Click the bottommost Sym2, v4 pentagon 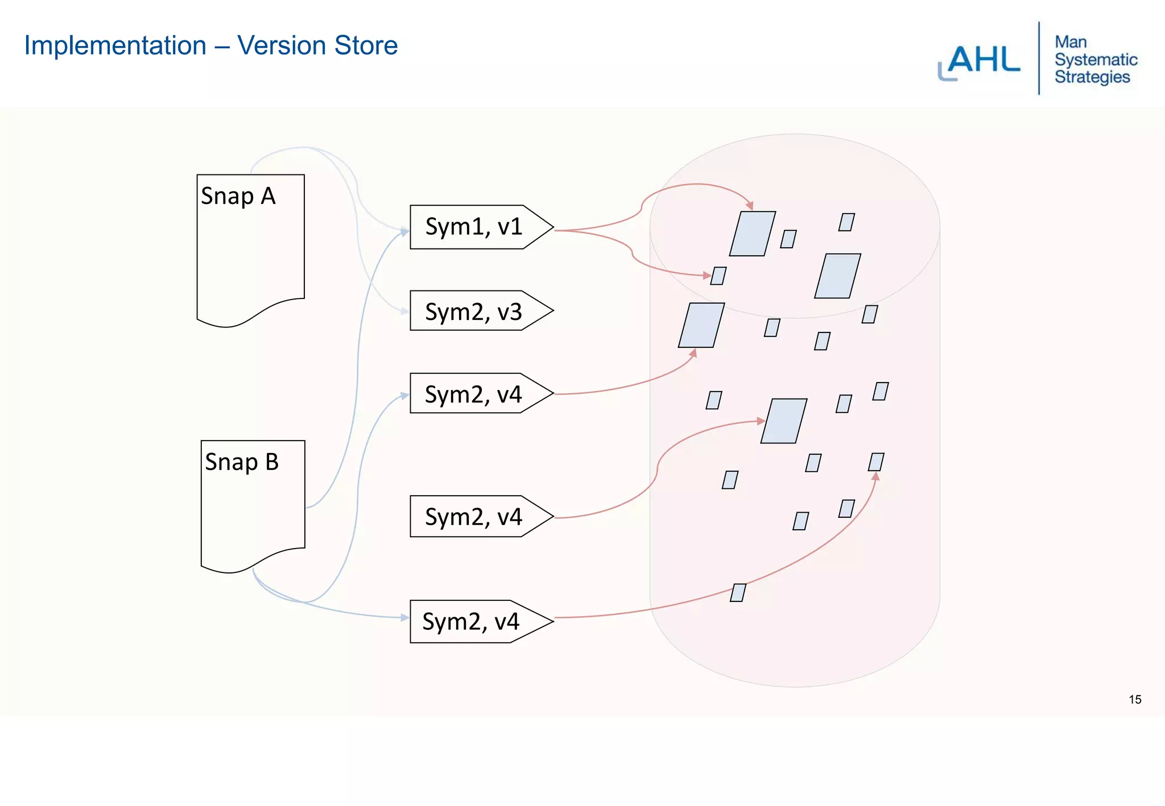[471, 621]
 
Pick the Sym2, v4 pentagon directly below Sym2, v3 [474, 393]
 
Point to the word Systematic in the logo [1096, 60]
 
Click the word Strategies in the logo [1092, 77]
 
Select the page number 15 [1135, 700]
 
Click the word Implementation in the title [115, 45]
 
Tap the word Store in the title [366, 45]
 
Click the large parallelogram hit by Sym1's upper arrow [753, 234]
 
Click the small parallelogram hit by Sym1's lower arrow [718, 276]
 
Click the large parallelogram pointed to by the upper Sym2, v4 [701, 325]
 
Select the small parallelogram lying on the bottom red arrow [738, 593]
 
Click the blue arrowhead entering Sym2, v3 [404, 311]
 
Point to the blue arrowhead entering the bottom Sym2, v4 [404, 617]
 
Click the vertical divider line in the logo [1039, 59]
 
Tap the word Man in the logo [1071, 42]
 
